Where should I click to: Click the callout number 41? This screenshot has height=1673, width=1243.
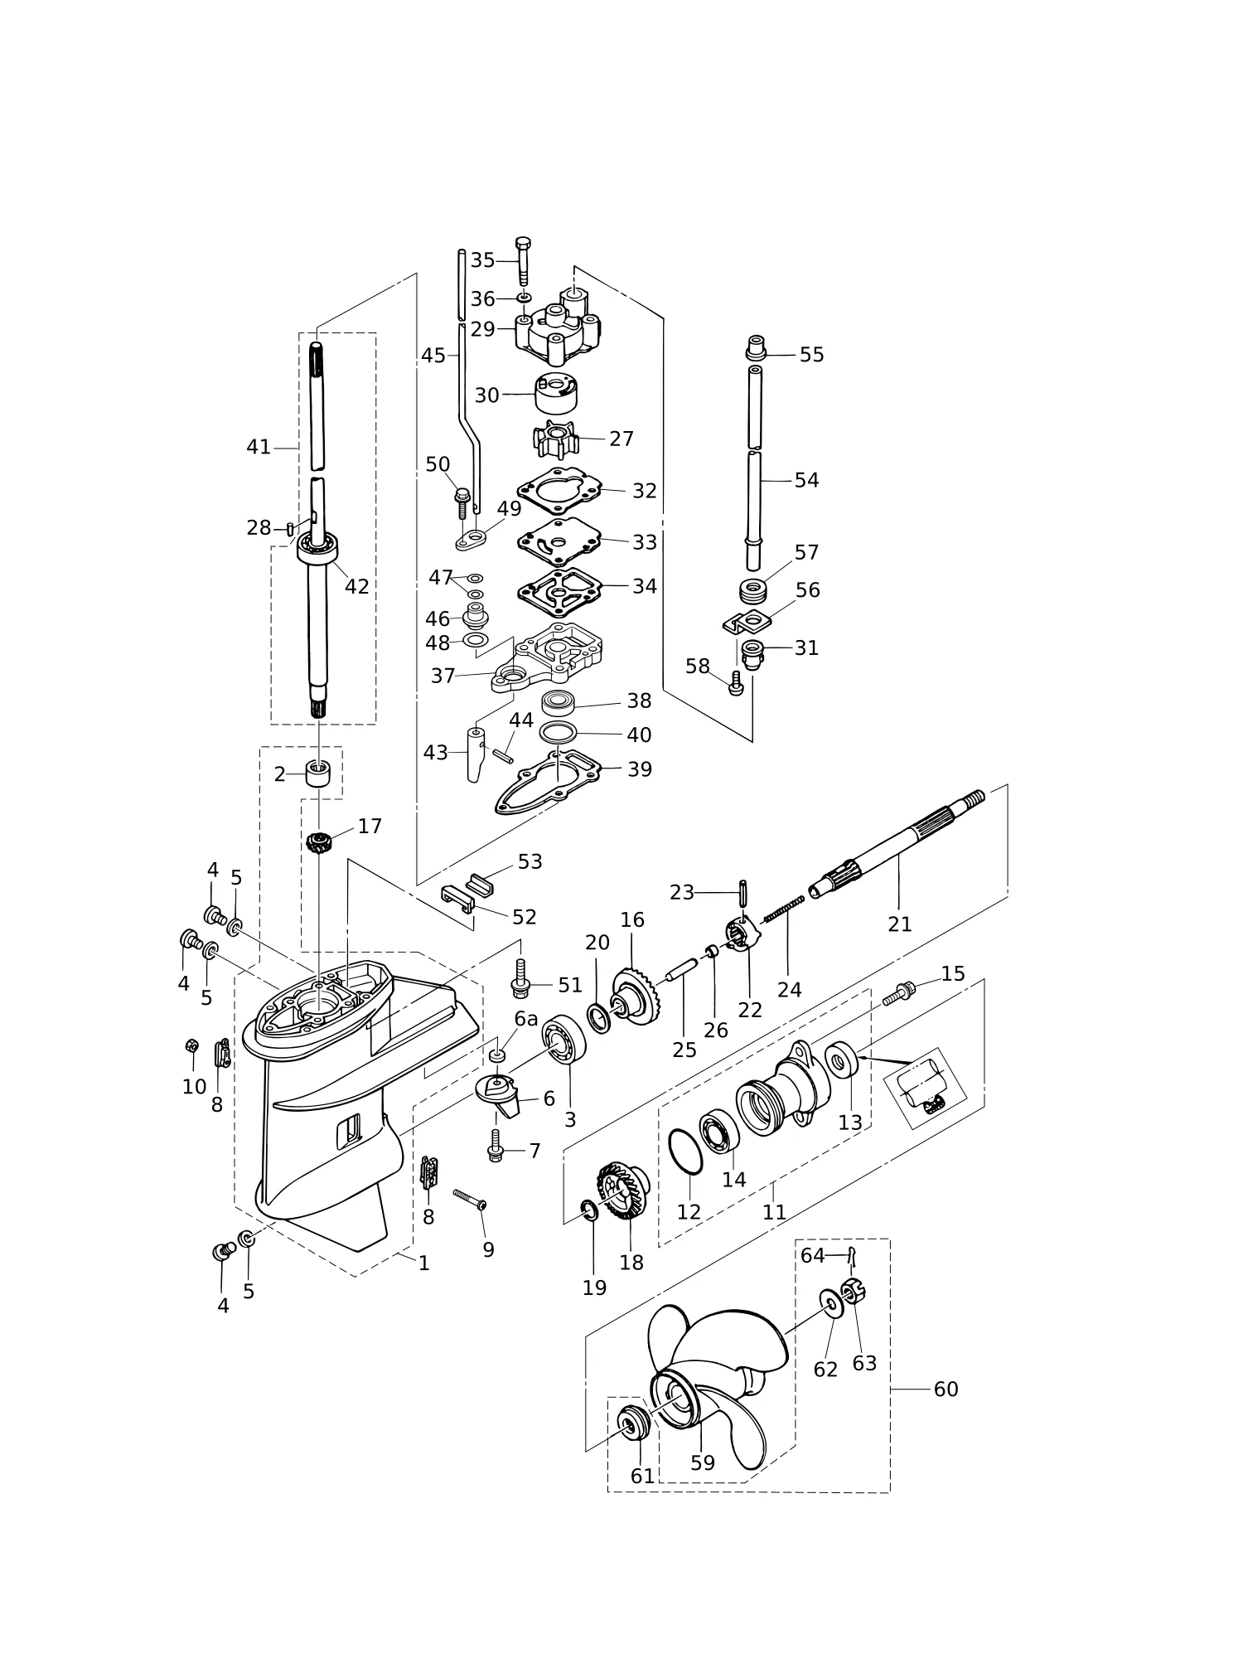coord(259,447)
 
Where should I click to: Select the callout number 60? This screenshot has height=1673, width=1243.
coord(946,1389)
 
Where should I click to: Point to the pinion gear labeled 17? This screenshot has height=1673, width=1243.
coord(319,844)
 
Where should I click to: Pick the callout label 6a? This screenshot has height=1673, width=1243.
coord(526,1018)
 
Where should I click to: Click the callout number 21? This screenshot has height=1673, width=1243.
coord(899,924)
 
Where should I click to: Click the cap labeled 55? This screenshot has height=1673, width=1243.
coord(755,348)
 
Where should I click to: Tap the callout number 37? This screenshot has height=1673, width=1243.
coord(443,676)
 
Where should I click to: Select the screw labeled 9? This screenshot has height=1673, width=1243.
coord(469,1199)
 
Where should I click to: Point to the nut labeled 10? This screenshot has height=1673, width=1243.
coord(191,1045)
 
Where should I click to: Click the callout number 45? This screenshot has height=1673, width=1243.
coord(433,356)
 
